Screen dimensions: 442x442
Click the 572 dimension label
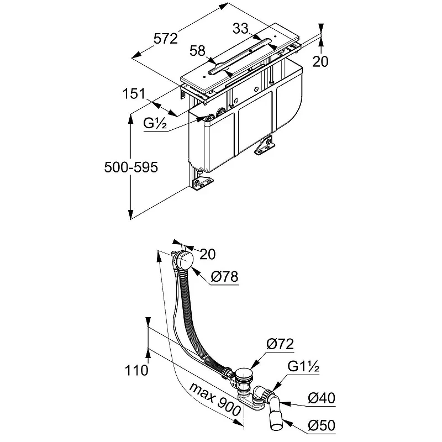pyautogui.click(x=166, y=38)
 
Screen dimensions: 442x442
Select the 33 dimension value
pyautogui.click(x=240, y=29)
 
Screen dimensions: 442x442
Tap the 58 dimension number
pyautogui.click(x=197, y=51)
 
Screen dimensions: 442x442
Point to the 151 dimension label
pyautogui.click(x=134, y=93)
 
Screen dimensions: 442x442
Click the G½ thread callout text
pyautogui.click(x=155, y=123)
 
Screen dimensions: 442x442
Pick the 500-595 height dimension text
pyautogui.click(x=131, y=167)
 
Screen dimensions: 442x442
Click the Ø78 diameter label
pyautogui.click(x=225, y=276)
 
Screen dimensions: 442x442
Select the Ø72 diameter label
pyautogui.click(x=280, y=344)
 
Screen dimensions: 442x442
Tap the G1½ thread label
pyautogui.click(x=303, y=366)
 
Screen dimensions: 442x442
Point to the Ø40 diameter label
pyautogui.click(x=322, y=398)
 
